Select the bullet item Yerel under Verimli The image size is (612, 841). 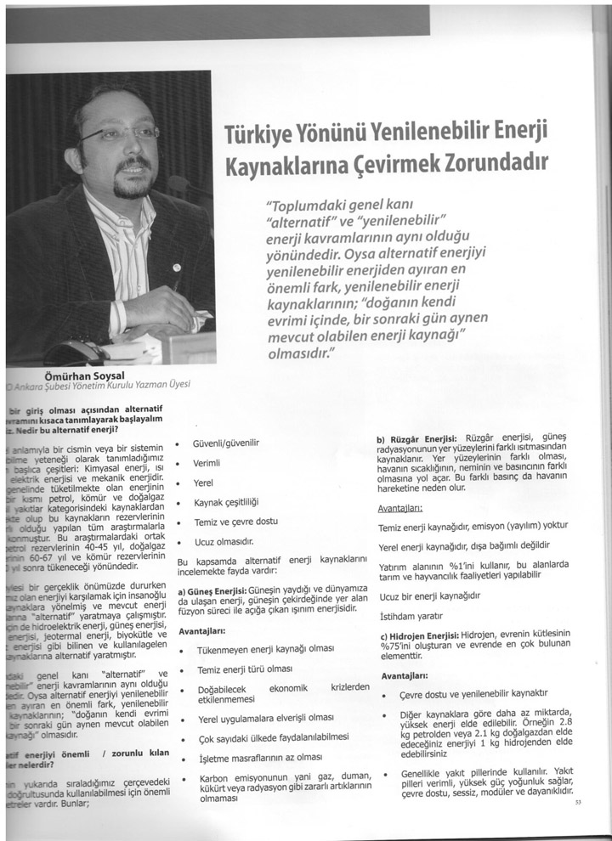click(203, 483)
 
